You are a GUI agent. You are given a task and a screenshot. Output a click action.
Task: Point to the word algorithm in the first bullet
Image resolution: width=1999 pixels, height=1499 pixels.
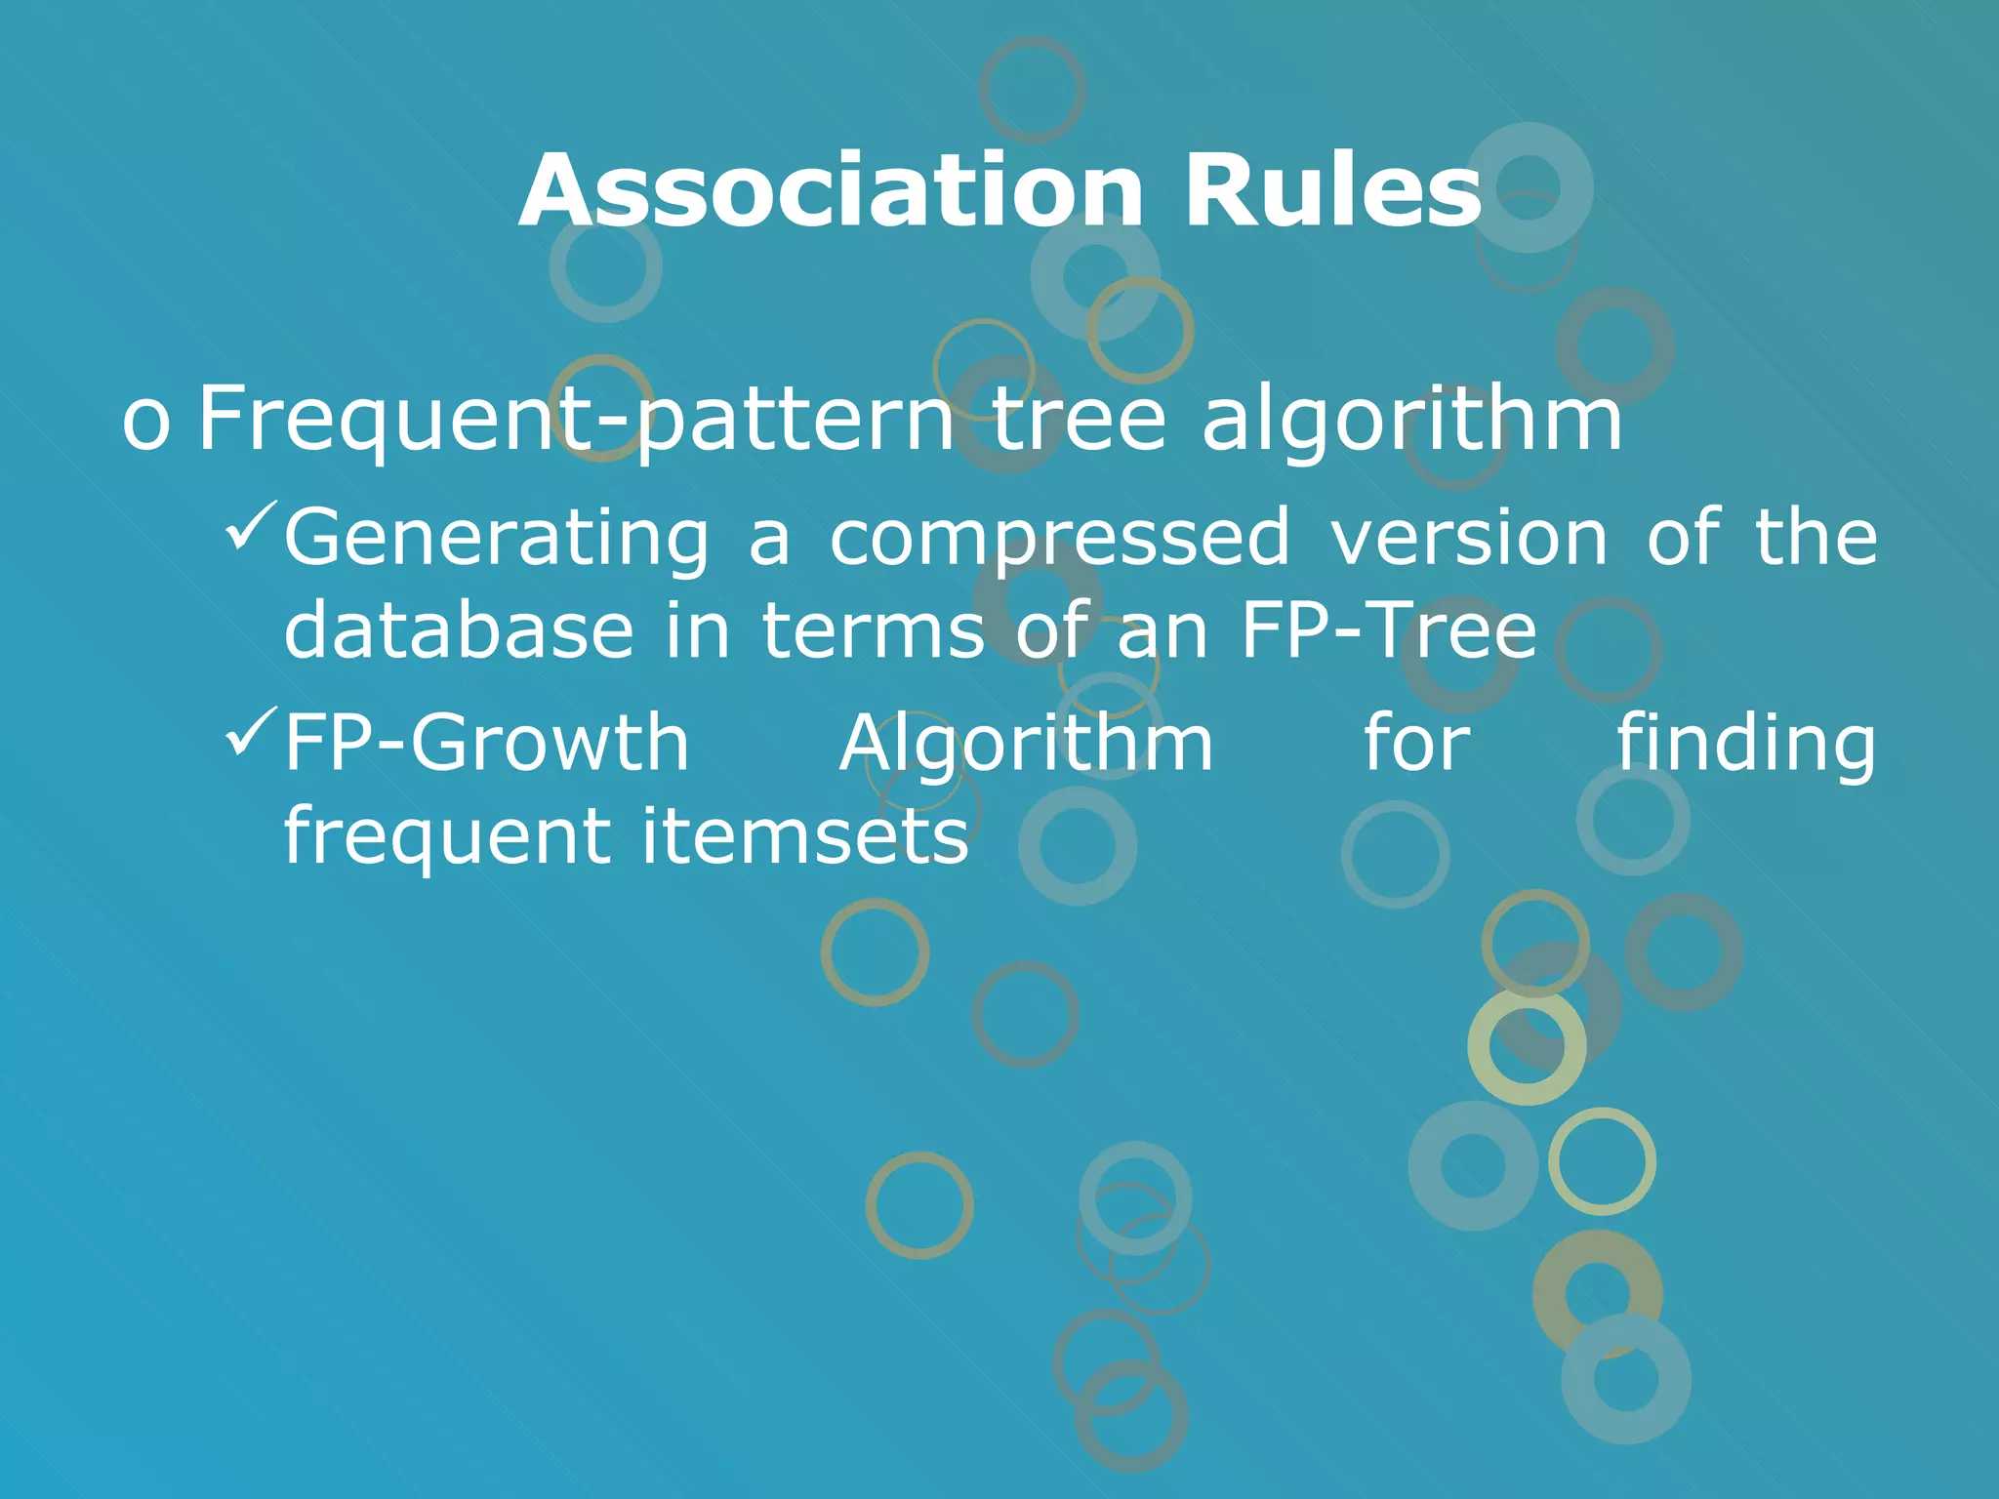[x=1411, y=420]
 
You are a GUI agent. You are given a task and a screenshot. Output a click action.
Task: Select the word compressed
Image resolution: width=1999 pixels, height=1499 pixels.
[x=1059, y=539]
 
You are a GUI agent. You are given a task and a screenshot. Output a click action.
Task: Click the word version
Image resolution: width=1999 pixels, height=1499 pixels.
[x=1469, y=539]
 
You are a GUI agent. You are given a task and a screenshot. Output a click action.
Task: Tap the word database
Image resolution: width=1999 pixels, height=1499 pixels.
[x=459, y=631]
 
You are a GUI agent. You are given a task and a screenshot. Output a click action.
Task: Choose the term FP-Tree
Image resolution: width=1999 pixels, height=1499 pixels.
[x=1388, y=631]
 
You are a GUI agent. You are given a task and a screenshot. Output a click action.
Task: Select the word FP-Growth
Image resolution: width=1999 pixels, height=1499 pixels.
[x=486, y=744]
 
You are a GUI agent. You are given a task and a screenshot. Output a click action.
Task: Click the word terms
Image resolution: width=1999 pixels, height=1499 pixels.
[x=874, y=631]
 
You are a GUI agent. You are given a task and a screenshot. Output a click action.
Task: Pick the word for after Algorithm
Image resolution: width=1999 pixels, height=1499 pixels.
[x=1416, y=744]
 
